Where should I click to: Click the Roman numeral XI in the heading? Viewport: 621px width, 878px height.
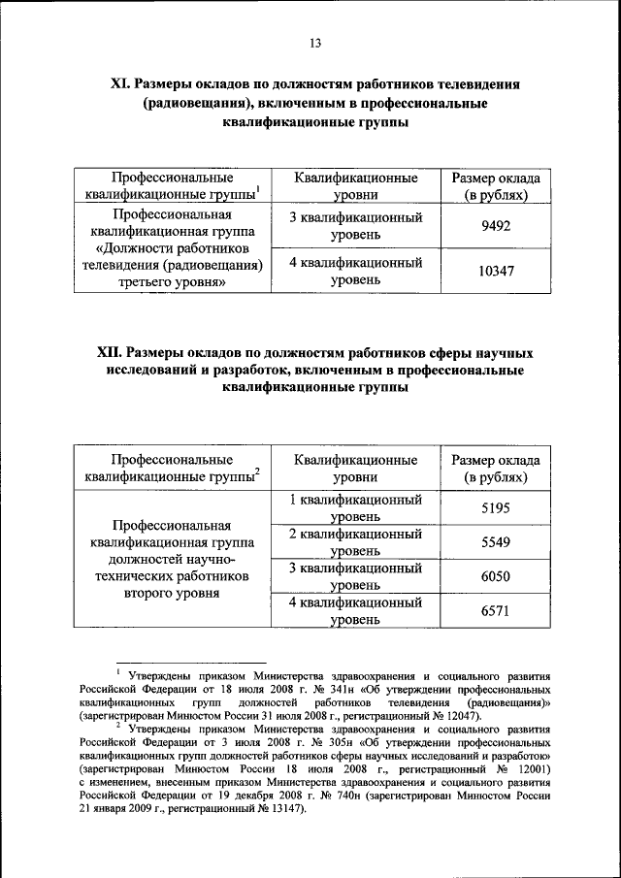coord(119,84)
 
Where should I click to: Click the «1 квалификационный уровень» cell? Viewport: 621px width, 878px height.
coord(356,507)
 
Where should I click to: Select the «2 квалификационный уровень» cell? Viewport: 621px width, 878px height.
coord(356,542)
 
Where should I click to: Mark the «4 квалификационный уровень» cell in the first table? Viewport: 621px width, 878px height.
coord(356,272)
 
